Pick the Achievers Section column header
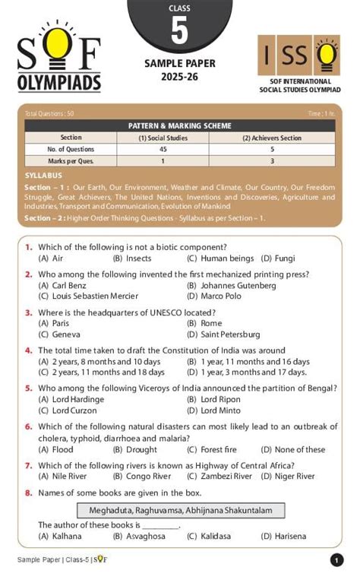coord(271,138)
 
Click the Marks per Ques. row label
coord(70,161)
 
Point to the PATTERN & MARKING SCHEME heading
coord(179,125)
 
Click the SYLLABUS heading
coord(43,175)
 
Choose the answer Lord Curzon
coord(69,410)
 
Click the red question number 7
coord(28,465)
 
